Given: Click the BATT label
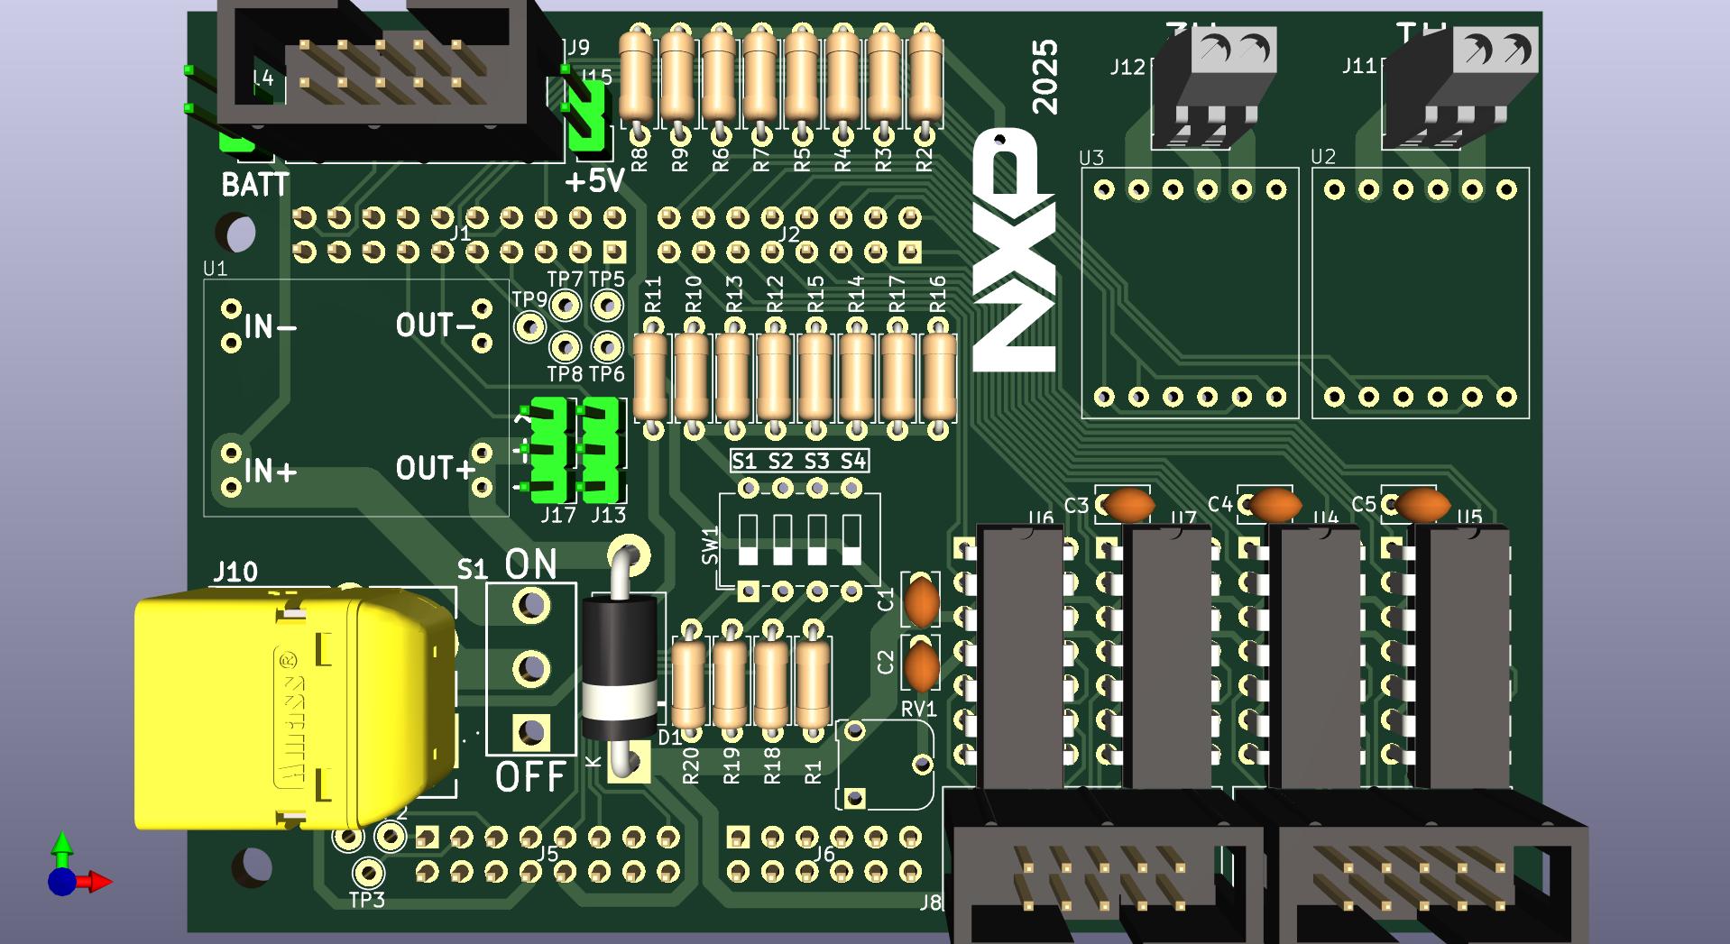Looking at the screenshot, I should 254,185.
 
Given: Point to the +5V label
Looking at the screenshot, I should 594,181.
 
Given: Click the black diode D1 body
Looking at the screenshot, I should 619,667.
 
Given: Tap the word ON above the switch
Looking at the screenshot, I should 530,564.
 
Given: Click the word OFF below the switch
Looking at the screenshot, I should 530,776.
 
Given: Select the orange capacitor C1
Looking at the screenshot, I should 922,601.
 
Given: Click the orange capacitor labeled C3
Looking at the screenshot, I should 1128,505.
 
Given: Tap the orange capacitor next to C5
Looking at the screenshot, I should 1422,505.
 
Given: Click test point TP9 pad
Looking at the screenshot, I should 529,326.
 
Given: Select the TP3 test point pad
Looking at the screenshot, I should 367,873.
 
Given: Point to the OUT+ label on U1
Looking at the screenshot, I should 435,469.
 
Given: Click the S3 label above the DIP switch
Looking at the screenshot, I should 815,462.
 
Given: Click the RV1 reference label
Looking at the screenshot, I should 918,710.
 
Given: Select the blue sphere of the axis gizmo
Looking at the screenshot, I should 61,881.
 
